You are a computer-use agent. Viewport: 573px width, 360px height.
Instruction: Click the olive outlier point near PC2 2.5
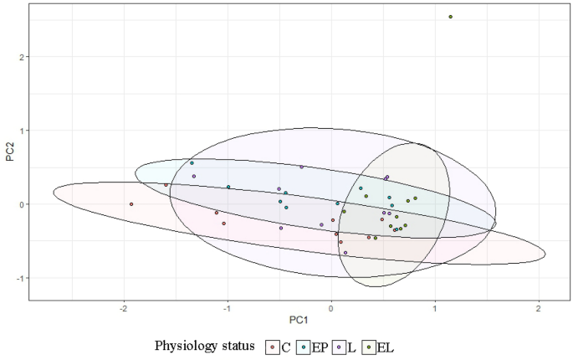[x=450, y=17]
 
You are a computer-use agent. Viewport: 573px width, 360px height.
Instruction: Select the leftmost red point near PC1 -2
[x=131, y=204]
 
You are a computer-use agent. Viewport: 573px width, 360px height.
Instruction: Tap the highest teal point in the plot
[x=192, y=163]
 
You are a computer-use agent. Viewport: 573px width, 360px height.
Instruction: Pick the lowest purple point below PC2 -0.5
[x=345, y=253]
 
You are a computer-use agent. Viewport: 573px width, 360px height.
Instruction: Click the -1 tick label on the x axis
[x=228, y=309]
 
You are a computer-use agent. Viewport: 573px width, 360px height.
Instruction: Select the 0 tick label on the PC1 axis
[x=331, y=309]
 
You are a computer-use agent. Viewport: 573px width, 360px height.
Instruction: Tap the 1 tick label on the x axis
[x=435, y=309]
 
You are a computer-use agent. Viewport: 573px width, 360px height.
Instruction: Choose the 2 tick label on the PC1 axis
[x=539, y=309]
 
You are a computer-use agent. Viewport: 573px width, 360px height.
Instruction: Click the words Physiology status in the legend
[x=205, y=347]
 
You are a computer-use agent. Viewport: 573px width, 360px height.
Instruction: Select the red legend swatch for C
[x=273, y=347]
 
